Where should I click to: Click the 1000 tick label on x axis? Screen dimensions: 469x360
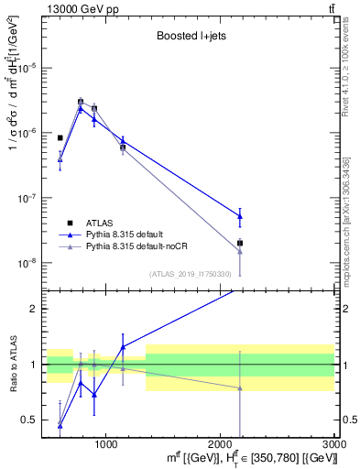[106, 443]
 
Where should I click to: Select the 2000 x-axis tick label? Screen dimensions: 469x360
[221, 443]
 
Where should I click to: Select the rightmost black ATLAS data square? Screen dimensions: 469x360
[240, 243]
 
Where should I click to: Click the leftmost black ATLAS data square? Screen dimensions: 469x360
[60, 137]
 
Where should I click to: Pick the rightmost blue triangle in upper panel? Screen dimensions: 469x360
[240, 216]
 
